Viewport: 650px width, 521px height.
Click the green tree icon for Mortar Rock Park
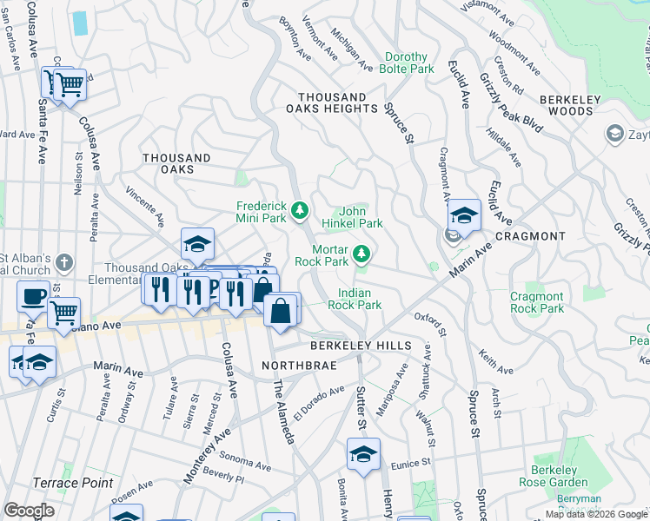[362, 254]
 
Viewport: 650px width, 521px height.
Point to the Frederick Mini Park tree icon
[300, 210]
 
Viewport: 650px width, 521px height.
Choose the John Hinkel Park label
[360, 217]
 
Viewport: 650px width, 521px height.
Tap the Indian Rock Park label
[355, 300]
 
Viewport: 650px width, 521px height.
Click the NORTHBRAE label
[293, 366]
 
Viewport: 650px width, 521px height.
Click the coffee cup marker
[34, 296]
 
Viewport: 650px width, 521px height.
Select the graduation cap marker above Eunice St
[363, 452]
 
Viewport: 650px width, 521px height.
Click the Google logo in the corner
[29, 511]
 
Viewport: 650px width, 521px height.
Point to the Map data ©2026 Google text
[596, 514]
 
